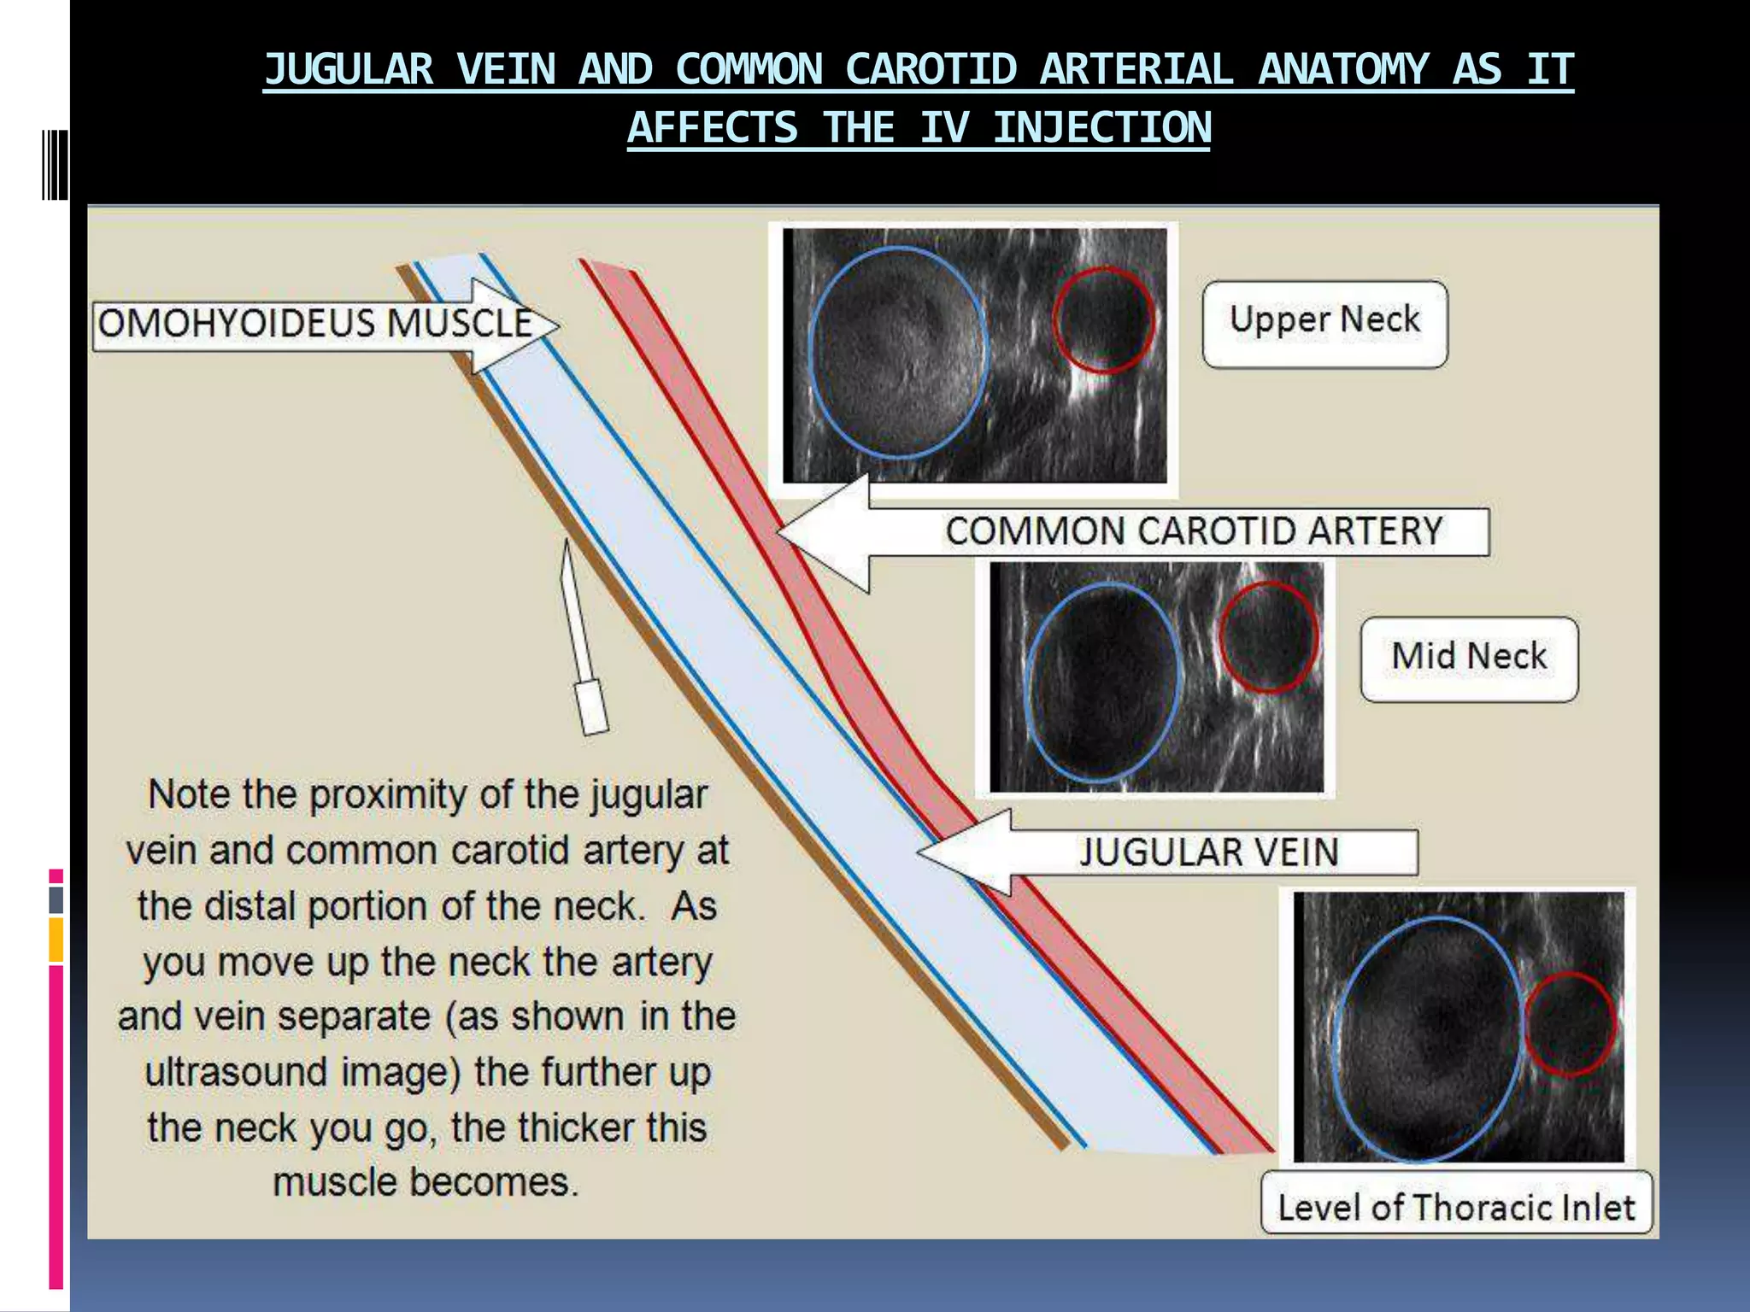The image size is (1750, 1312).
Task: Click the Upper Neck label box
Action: [1324, 323]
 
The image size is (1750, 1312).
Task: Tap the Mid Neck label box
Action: [1469, 659]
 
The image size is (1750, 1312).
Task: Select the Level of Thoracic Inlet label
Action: [1456, 1206]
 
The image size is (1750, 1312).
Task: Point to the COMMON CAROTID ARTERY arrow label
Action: [1193, 531]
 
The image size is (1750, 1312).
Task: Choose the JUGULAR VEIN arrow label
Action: [1208, 852]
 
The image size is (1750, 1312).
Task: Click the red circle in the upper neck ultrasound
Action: [1103, 319]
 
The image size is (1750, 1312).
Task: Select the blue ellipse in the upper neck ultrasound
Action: [898, 352]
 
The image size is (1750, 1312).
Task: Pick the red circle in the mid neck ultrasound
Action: [1268, 636]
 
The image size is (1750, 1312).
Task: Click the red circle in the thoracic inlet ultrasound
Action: [1570, 1023]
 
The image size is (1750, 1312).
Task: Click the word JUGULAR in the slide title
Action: [349, 70]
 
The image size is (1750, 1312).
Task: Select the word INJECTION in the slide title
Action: [1101, 129]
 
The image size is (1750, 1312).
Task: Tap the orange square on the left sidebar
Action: [56, 940]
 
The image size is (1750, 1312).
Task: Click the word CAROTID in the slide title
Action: [931, 70]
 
